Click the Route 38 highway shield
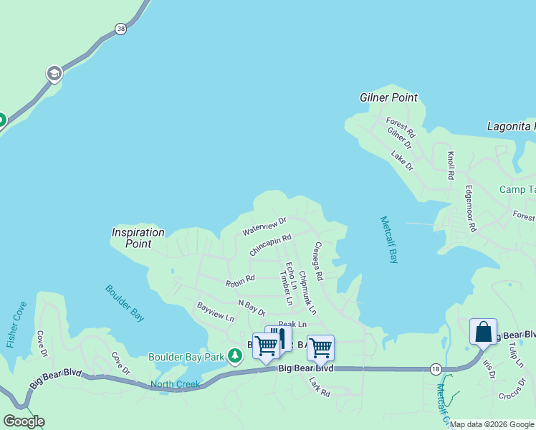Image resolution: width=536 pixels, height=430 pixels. pyautogui.click(x=120, y=29)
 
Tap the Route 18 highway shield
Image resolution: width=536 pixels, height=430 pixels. pyautogui.click(x=436, y=368)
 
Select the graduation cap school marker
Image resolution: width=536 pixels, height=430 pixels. pyautogui.click(x=54, y=73)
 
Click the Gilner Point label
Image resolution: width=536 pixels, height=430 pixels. pyautogui.click(x=388, y=97)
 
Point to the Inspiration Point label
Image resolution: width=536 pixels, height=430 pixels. pyautogui.click(x=138, y=238)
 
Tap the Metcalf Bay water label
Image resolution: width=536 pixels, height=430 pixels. pyautogui.click(x=389, y=240)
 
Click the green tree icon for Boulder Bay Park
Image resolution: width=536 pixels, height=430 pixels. pyautogui.click(x=234, y=355)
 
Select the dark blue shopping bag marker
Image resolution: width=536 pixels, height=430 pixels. pyautogui.click(x=483, y=332)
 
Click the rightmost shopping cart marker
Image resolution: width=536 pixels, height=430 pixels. pyautogui.click(x=320, y=348)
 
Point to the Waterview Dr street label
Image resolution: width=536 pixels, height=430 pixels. pyautogui.click(x=264, y=227)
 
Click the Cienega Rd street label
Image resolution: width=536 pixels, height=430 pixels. pyautogui.click(x=319, y=261)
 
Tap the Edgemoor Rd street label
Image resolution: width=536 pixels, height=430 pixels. pyautogui.click(x=471, y=209)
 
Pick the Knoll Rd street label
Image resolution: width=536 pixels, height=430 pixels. pyautogui.click(x=451, y=166)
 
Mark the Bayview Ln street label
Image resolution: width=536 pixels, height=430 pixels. pyautogui.click(x=216, y=312)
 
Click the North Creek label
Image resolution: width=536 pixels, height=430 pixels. pyautogui.click(x=175, y=384)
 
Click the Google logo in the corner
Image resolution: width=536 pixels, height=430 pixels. pyautogui.click(x=24, y=421)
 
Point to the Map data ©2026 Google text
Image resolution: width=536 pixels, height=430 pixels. pyautogui.click(x=492, y=424)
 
